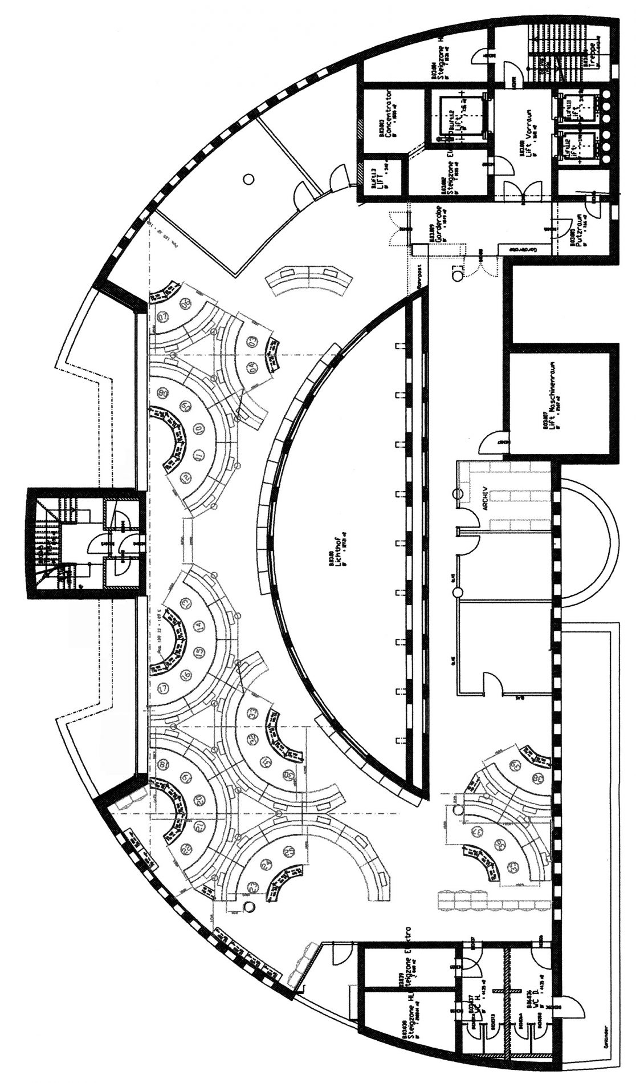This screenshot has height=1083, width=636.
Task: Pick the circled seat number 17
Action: tap(165, 688)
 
